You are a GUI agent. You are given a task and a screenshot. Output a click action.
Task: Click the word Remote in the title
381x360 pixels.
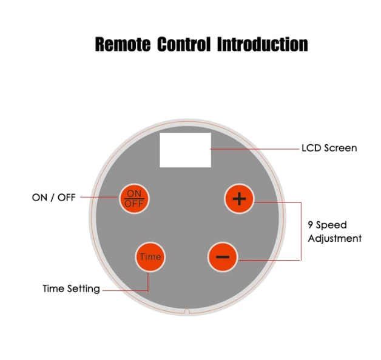(x=121, y=44)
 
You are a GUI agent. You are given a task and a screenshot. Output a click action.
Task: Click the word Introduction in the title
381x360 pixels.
(x=262, y=44)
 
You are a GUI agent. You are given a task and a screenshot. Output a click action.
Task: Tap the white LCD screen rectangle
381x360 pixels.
(x=185, y=150)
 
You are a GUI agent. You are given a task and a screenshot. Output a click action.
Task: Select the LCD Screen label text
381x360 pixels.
(x=329, y=148)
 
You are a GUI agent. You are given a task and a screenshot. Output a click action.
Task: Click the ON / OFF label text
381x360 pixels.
(x=53, y=198)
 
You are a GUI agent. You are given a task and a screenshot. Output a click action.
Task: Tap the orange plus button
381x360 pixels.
(x=240, y=198)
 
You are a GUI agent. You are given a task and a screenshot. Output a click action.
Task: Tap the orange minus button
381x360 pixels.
(x=223, y=257)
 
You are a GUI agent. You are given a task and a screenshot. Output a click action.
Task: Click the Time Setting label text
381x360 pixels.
(x=71, y=288)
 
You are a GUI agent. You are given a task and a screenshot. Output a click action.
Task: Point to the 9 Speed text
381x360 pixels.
(x=327, y=225)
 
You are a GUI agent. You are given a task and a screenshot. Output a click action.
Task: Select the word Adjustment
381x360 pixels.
(x=335, y=238)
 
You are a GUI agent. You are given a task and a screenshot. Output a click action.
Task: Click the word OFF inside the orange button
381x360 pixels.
(x=133, y=203)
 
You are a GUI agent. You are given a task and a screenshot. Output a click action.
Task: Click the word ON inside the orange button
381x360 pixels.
(x=133, y=193)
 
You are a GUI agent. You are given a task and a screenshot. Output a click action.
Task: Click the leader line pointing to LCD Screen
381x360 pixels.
(x=255, y=148)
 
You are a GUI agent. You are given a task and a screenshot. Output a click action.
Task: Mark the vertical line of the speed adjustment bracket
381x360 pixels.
(x=301, y=231)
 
